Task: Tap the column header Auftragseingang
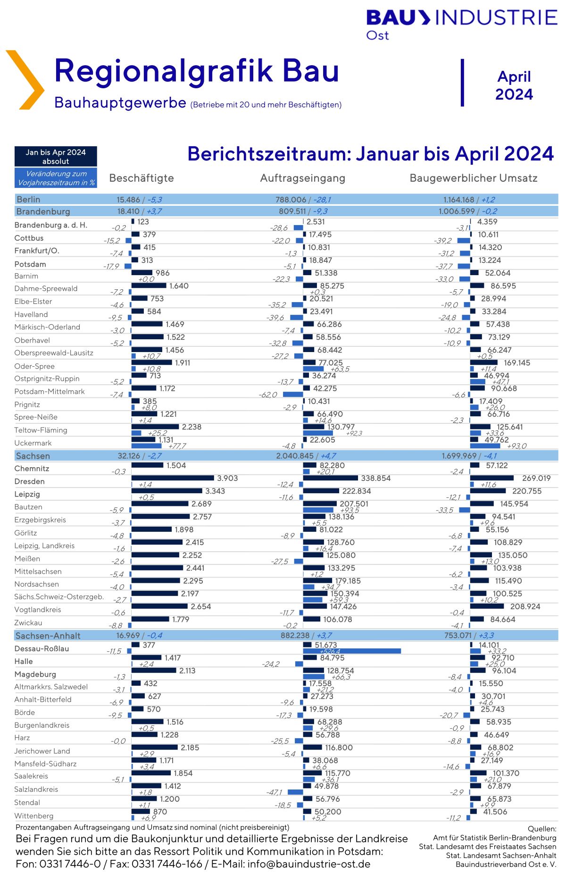pos(303,178)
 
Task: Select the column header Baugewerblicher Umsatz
pos(474,178)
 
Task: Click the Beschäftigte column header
pos(141,178)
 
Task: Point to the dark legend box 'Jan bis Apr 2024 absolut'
pos(56,157)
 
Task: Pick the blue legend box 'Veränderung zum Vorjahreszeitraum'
pos(56,178)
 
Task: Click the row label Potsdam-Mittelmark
pos(50,392)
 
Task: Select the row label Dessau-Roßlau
pos(42,648)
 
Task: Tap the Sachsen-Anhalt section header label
pos(48,636)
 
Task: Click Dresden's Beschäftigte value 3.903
pos(227,478)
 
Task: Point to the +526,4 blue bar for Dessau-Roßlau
pos(352,651)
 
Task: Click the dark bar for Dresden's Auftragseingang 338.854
pos(331,478)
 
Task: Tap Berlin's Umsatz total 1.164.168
pos(459,200)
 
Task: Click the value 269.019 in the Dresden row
pos(536,478)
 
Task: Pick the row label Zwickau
pos(28,623)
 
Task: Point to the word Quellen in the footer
pos(542,829)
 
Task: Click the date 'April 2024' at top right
pos(514,85)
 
